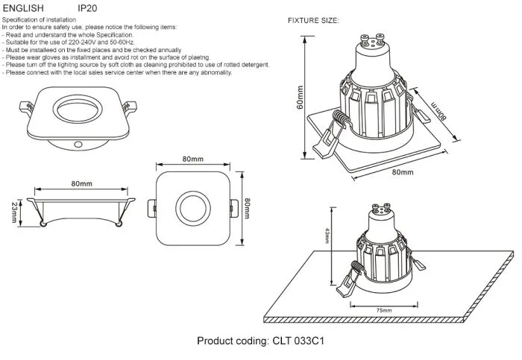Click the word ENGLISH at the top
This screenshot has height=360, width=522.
[x=23, y=8]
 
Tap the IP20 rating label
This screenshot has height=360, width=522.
[x=87, y=8]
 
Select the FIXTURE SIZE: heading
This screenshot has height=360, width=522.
[x=313, y=21]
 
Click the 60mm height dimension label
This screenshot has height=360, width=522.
[x=300, y=97]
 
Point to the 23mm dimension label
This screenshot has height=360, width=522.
[x=14, y=212]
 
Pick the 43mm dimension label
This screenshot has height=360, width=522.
[x=327, y=236]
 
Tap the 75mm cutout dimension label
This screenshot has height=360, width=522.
[x=384, y=310]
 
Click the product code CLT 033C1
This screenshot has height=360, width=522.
[x=298, y=341]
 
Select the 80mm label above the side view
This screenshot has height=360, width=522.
[x=81, y=183]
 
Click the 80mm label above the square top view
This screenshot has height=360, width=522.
[x=192, y=159]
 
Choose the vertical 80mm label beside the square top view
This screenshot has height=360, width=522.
[x=247, y=208]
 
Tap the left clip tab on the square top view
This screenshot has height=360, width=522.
[x=152, y=208]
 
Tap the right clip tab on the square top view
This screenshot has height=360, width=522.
[x=234, y=208]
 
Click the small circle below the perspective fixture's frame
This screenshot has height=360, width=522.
[x=78, y=145]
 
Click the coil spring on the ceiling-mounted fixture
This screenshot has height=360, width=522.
[x=356, y=267]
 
